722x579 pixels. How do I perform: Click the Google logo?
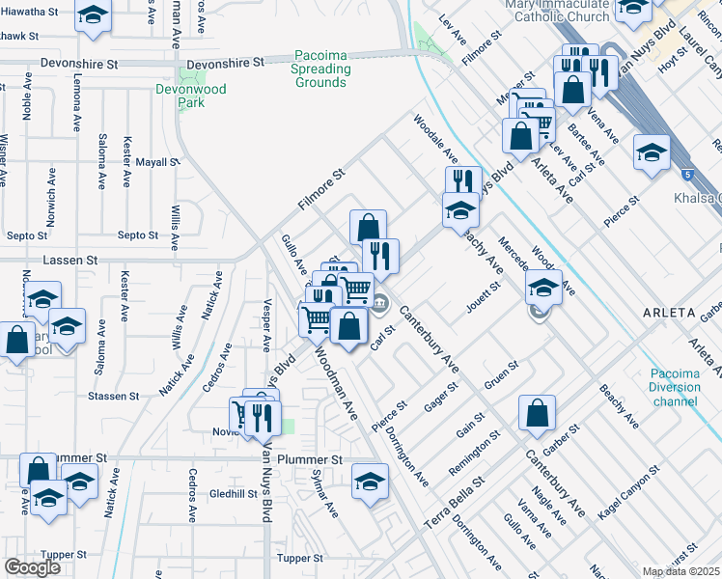click(x=32, y=567)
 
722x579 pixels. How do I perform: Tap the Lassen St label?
click(x=72, y=261)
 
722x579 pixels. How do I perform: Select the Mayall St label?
click(x=157, y=162)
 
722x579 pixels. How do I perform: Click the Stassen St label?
click(x=119, y=396)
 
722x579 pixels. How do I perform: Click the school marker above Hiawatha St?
click(x=93, y=16)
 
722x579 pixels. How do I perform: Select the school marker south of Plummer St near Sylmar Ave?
click(x=370, y=481)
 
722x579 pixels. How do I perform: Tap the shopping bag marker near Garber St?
click(x=537, y=412)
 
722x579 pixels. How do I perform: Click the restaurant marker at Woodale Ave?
click(x=463, y=181)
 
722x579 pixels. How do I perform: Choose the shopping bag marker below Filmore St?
click(x=368, y=228)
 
